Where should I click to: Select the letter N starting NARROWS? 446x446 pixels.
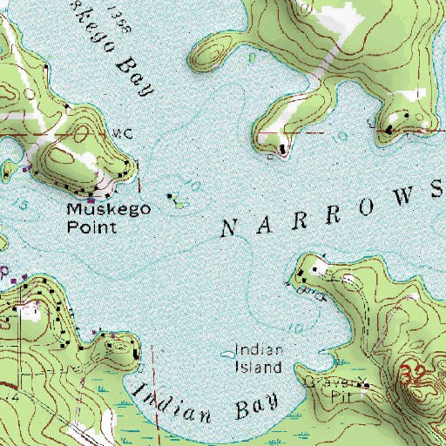[x=228, y=230]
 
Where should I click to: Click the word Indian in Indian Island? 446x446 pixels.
[x=258, y=352]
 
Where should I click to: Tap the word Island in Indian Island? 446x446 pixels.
[x=260, y=367]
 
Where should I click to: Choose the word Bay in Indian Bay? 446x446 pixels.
[x=254, y=406]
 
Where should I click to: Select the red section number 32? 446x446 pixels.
[x=417, y=377]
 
